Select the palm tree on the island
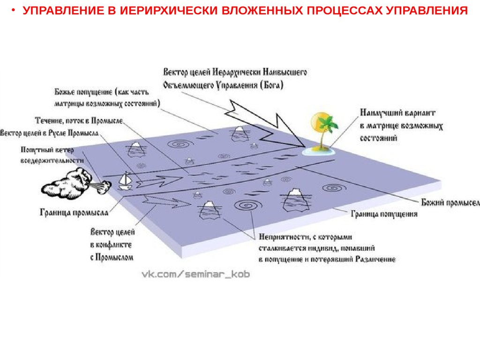pos(325,129)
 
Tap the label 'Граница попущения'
pos(384,214)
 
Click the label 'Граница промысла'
pos(74,212)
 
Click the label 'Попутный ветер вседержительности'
pos(52,155)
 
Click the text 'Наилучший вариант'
pos(398,113)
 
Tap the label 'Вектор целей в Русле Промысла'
pos(49,133)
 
